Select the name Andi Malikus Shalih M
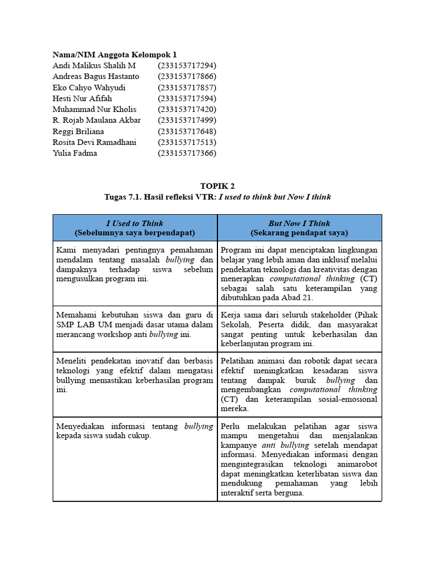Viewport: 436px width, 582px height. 94,65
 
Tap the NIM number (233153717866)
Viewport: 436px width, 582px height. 187,76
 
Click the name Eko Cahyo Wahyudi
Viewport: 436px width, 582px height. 89,88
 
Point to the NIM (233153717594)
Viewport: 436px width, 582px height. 187,98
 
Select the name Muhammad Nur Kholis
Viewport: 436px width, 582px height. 94,109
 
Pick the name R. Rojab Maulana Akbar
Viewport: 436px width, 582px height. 97,120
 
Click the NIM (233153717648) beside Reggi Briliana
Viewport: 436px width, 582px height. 187,131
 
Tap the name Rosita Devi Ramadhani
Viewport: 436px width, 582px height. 94,142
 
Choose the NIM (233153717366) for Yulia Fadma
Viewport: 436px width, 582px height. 187,153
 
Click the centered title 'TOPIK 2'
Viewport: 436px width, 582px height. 217,186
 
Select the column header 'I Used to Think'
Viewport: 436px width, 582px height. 135,223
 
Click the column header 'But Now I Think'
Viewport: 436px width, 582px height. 299,223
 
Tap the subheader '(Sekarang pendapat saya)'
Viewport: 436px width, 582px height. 299,233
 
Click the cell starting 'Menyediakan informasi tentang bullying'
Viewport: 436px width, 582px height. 135,431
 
